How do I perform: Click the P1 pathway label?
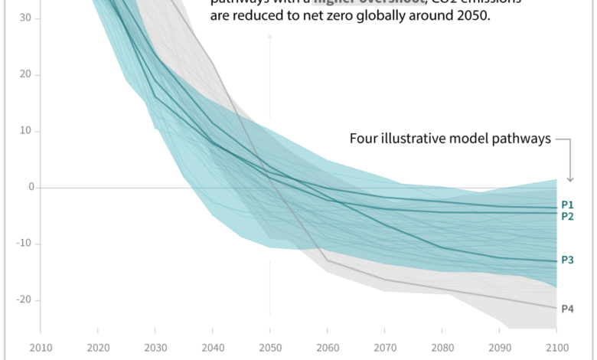pyautogui.click(x=567, y=205)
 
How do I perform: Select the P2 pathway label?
pyautogui.click(x=567, y=216)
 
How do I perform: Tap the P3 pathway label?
pyautogui.click(x=567, y=260)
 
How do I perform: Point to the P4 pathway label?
pyautogui.click(x=567, y=309)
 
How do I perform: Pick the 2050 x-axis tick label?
pyautogui.click(x=269, y=347)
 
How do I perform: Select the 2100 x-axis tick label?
pyautogui.click(x=556, y=347)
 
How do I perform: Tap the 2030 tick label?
pyautogui.click(x=155, y=347)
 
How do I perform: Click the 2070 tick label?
pyautogui.click(x=384, y=347)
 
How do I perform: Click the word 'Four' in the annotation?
pyautogui.click(x=364, y=139)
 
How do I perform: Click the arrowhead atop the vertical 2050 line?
pyautogui.click(x=269, y=38)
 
